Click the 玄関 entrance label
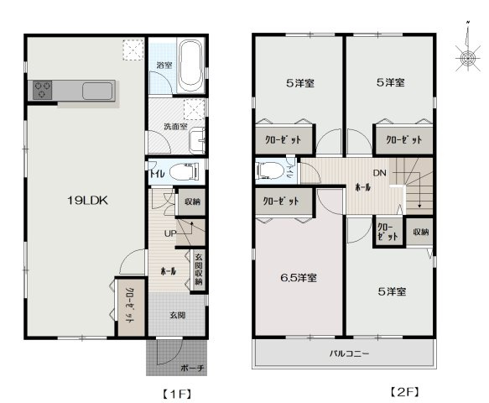click(177, 316)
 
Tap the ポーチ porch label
click(192, 368)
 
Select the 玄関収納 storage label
click(199, 270)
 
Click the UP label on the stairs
click(169, 233)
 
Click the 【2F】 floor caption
click(404, 392)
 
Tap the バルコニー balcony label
click(348, 354)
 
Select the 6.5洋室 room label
click(298, 277)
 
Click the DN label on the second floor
click(379, 173)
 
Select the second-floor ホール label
click(363, 187)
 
